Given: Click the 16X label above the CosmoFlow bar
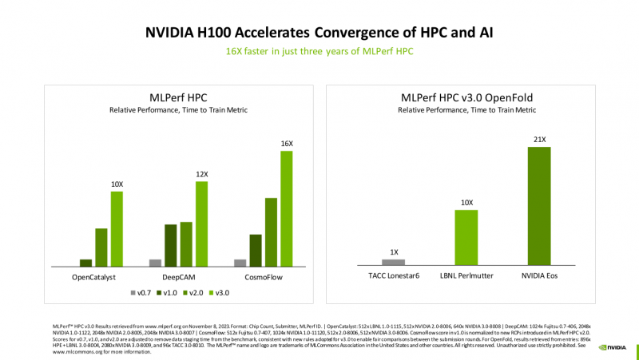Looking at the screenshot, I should (286, 142).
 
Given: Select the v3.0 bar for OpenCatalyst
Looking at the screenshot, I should (117, 228).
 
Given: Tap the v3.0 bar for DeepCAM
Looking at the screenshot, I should (201, 224).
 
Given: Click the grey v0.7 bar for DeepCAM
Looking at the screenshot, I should (156, 262).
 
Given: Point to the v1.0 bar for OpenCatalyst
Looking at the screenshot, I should (85, 262).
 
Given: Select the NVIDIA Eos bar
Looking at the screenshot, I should (541, 206).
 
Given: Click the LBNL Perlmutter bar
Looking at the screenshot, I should (466, 237).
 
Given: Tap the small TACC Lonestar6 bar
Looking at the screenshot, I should (393, 262).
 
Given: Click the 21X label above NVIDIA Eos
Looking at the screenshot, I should (541, 140).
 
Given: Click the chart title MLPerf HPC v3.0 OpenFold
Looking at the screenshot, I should (466, 97).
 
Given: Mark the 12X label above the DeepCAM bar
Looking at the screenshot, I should (201, 174).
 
